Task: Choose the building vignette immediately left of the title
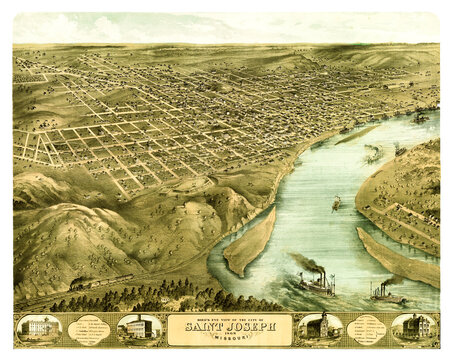(x=138, y=328)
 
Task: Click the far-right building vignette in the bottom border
(x=415, y=328)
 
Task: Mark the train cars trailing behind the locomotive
(x=110, y=279)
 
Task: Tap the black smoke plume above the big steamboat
(x=304, y=264)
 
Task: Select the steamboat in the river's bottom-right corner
(x=384, y=292)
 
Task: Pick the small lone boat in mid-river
(x=337, y=203)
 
